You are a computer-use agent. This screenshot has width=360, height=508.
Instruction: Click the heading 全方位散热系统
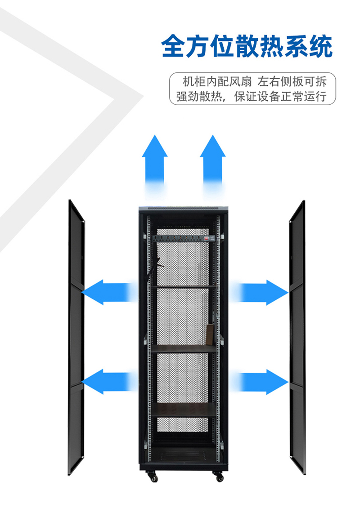247,46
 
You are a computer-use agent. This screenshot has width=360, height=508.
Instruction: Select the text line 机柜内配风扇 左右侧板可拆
252,82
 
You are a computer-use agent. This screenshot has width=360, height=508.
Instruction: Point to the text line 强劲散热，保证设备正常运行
252,97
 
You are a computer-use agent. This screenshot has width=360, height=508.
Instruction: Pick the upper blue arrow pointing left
108,292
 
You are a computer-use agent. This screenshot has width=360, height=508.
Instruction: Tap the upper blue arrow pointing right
261,292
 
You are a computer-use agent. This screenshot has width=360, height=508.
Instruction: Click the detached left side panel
76,337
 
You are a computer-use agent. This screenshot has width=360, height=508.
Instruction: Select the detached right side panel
297,337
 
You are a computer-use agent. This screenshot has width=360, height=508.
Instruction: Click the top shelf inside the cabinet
184,286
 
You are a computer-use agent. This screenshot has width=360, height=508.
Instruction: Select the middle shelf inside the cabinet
184,348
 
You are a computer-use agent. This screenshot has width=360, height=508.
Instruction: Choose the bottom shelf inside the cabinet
184,409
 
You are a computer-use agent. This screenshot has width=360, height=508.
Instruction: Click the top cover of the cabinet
184,208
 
